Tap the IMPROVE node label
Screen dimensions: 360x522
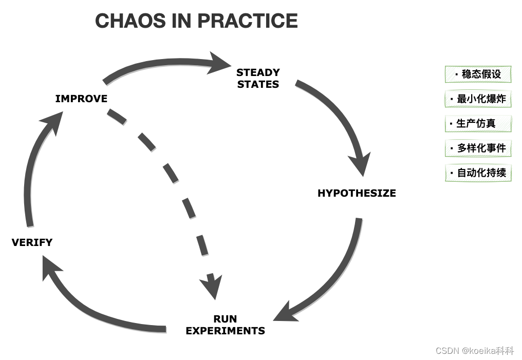pos(81,99)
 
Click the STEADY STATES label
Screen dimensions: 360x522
pos(258,78)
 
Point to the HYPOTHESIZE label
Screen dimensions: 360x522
pos(357,193)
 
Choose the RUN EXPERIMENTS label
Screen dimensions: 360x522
pos(225,325)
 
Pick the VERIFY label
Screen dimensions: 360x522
pos(32,242)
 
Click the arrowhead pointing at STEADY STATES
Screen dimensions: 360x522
pos(220,64)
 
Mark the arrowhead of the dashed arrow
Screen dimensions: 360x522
pos(212,287)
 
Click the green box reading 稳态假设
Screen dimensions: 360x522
pos(478,74)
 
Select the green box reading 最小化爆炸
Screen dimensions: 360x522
pos(478,99)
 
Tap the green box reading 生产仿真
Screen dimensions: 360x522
pos(478,123)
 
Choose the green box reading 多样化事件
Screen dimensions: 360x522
pos(478,148)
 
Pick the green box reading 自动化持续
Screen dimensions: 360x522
pos(478,173)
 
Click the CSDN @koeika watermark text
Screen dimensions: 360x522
pos(474,351)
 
